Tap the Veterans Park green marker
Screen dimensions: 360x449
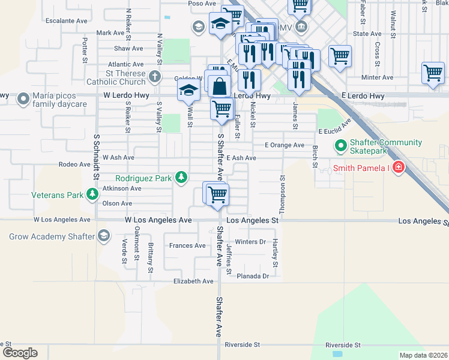(x=92, y=194)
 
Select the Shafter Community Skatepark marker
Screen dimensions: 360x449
(x=341, y=146)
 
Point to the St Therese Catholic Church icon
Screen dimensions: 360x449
(x=155, y=76)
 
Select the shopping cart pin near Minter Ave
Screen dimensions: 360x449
(x=433, y=73)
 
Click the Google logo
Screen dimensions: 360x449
(x=20, y=353)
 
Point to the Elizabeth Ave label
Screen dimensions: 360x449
(x=193, y=281)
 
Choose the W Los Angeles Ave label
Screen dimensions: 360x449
(x=158, y=221)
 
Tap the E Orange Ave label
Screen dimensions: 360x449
(x=285, y=145)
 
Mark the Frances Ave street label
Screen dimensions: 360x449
(x=187, y=245)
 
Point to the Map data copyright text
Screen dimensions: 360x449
(x=423, y=355)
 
